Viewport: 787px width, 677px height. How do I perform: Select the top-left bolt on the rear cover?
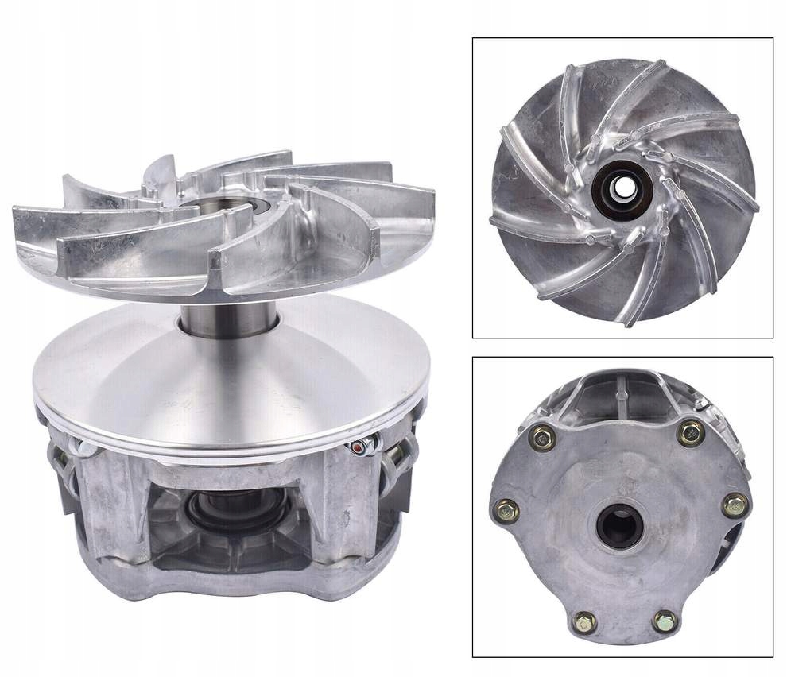544,435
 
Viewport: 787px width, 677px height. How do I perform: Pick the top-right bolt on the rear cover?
691,432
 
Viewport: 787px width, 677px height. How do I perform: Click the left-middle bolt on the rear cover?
506,510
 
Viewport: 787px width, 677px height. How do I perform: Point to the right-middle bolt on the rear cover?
735,505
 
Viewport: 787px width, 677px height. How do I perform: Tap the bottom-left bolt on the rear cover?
584,621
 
